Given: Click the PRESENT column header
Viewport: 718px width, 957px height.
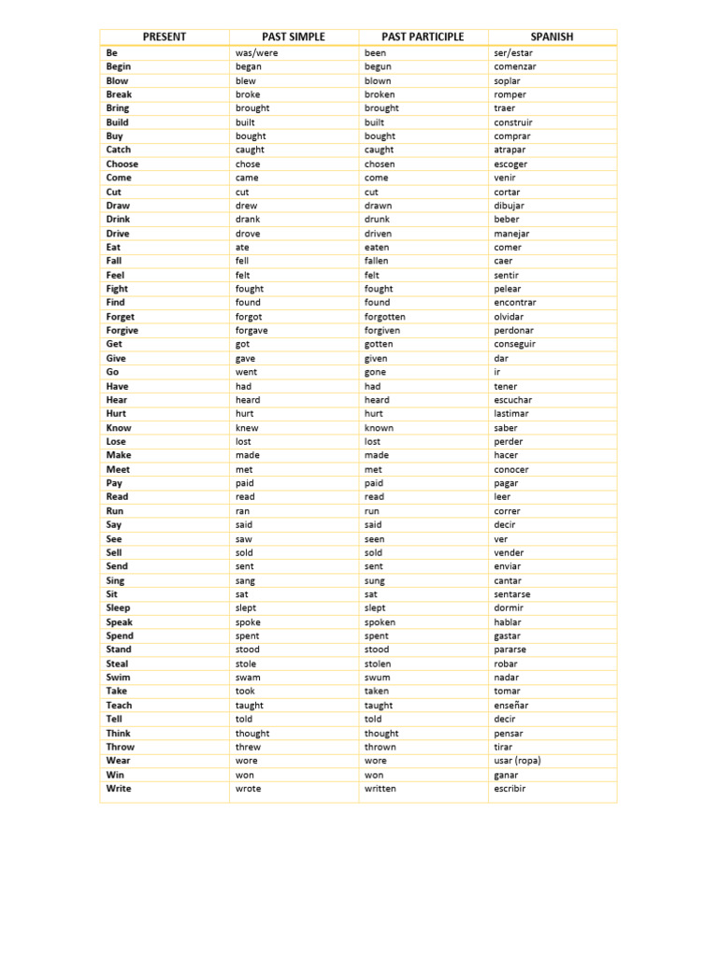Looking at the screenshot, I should [165, 36].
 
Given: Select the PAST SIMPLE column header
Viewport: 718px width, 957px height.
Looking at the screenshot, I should [294, 36].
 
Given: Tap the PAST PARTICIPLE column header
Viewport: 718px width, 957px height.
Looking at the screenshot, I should [423, 36].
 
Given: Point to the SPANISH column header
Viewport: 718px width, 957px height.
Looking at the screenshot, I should [552, 36].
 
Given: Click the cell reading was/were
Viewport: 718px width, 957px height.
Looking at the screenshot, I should [256, 53].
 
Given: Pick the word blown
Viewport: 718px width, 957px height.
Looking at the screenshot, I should [378, 80].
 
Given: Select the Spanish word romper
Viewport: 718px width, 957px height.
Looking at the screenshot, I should [510, 94].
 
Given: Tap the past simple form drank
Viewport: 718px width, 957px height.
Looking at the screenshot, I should [248, 220].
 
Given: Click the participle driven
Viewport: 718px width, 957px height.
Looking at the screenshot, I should [378, 234].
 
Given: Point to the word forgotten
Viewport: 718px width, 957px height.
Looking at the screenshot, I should [384, 317].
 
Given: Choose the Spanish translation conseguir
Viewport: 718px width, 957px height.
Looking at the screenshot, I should [514, 344].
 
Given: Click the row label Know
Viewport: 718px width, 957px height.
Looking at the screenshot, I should [118, 428].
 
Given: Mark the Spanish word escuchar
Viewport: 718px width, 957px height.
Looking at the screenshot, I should [512, 400].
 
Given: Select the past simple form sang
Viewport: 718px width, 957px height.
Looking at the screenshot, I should [245, 580].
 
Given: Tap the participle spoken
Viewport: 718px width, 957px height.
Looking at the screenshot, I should [380, 622].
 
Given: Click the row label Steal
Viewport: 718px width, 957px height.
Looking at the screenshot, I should [117, 664].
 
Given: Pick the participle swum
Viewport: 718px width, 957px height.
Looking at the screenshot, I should [378, 678].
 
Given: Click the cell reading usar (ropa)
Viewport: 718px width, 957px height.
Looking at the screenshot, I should [517, 761].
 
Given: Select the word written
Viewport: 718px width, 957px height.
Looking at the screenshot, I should [380, 789].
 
